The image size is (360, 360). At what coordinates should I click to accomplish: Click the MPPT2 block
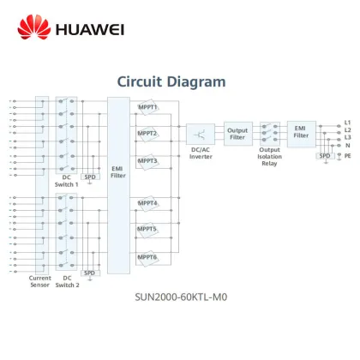click(147, 134)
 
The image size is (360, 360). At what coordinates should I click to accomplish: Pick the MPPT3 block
click(147, 160)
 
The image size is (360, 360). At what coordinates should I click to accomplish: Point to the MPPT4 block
click(147, 204)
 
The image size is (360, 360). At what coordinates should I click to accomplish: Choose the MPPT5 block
click(147, 230)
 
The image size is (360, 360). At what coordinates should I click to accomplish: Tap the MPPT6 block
click(147, 257)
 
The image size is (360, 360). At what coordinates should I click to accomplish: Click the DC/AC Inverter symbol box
click(200, 134)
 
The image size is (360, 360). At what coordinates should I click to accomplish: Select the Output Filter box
click(237, 132)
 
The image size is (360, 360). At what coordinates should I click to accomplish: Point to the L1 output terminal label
click(347, 122)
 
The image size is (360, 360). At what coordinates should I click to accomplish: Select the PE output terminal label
click(347, 156)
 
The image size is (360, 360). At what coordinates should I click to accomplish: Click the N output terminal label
click(346, 146)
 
